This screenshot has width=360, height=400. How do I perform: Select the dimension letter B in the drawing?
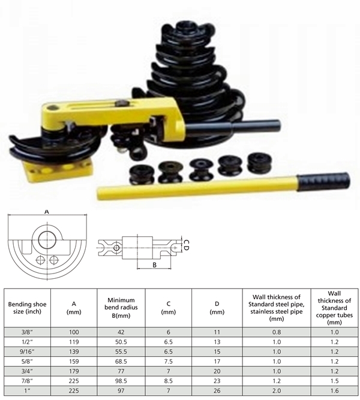click(x=154, y=265)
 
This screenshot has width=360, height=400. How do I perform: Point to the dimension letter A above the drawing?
click(x=46, y=212)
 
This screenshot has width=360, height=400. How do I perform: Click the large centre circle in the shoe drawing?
click(x=48, y=240)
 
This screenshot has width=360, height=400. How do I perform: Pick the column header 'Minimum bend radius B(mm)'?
click(x=121, y=308)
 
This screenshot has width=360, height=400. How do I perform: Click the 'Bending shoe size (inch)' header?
click(x=27, y=308)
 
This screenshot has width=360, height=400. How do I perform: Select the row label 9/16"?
click(x=27, y=351)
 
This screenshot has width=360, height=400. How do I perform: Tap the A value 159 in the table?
click(x=74, y=361)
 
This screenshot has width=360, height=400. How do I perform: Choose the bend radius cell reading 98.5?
click(x=121, y=381)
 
